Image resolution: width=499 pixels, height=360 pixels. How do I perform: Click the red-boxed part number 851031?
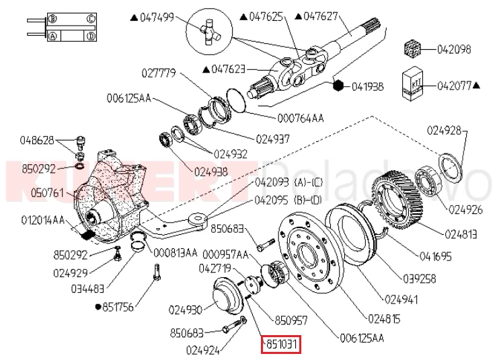pos(280,344)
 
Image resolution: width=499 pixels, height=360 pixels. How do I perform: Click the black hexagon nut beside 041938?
pos(339,85)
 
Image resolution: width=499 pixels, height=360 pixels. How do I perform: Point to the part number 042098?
pos(454,49)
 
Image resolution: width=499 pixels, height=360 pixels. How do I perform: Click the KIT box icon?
pos(411,83)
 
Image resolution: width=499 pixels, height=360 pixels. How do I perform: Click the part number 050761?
pos(46,194)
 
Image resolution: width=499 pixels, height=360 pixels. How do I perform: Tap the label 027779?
pos(159,72)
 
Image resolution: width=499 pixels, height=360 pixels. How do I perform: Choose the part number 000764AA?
pos(300,118)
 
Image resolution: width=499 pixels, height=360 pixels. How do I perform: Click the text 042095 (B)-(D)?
pos(289,199)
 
